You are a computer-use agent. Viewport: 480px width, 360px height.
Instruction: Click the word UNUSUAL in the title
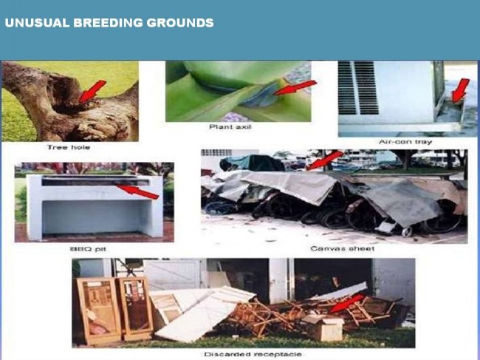(37, 23)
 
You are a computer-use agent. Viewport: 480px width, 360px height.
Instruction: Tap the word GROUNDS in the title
(180, 23)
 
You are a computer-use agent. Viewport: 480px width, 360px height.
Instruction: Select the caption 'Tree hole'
(69, 147)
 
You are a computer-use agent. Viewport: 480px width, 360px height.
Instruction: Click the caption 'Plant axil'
(230, 127)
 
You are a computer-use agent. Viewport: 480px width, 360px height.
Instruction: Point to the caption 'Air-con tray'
(405, 142)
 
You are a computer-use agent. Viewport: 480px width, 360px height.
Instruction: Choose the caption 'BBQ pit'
(88, 249)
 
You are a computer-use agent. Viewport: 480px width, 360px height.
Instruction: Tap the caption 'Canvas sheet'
(342, 248)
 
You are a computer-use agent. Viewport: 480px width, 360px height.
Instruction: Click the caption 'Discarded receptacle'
(253, 355)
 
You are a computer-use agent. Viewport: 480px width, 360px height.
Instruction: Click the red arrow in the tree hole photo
(92, 91)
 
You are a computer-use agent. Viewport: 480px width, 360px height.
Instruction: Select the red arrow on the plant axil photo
(295, 88)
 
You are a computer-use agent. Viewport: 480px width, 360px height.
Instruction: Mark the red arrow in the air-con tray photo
(461, 90)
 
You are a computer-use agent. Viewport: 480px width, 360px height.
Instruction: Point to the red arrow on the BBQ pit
(137, 191)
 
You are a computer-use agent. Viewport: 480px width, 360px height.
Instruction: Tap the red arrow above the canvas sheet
(324, 160)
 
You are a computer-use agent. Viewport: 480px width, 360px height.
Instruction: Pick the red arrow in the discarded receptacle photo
(347, 304)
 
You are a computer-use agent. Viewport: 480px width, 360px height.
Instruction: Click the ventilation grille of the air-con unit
(358, 88)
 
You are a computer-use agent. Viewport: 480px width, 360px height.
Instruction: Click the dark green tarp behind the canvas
(252, 163)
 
